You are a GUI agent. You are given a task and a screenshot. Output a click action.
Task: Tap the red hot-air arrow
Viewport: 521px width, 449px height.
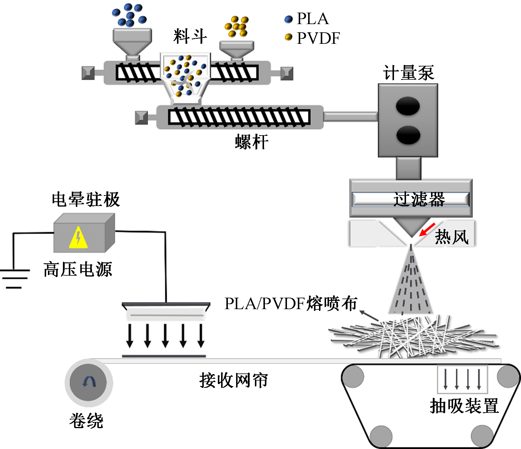click(427, 229)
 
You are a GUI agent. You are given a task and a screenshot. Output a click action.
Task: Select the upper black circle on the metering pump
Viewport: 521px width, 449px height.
click(408, 106)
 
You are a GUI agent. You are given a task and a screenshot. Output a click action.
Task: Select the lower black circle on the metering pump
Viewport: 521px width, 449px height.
click(408, 135)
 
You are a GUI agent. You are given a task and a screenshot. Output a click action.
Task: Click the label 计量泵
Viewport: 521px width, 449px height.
click(408, 73)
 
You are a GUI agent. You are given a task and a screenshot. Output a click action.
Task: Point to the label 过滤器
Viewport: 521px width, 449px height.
click(419, 199)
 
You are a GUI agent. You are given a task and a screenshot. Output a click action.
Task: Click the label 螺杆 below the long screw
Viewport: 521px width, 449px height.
click(252, 142)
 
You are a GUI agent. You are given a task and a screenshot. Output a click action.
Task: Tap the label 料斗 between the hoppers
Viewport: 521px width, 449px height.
click(190, 36)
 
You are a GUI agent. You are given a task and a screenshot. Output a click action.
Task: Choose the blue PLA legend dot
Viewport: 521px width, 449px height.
click(289, 19)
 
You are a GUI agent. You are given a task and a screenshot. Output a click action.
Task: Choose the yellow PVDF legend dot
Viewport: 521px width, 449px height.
click(289, 37)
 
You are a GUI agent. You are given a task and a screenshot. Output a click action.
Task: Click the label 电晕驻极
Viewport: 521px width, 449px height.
click(86, 199)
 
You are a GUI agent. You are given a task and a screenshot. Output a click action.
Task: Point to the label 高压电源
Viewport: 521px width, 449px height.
click(78, 269)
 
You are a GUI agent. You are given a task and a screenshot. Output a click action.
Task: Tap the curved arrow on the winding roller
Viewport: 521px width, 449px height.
click(89, 382)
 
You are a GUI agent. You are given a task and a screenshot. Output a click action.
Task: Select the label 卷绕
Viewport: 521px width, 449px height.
click(86, 420)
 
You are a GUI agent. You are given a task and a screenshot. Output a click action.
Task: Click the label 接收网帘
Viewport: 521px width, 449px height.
click(233, 380)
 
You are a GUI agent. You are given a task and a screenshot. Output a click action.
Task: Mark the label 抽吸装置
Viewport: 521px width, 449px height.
click(464, 406)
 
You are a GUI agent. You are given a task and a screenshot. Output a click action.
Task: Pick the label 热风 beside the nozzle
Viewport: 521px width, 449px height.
click(452, 237)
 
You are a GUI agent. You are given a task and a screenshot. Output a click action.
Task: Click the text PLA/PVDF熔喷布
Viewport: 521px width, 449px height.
click(290, 304)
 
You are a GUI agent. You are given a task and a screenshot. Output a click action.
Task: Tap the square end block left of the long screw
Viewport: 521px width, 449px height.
click(141, 118)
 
